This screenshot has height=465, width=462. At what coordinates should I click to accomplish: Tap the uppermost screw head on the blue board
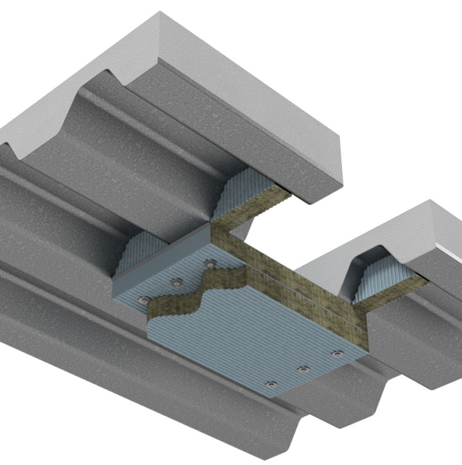tap(209, 263)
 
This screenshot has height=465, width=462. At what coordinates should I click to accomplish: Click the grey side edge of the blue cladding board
tap(160, 257)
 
